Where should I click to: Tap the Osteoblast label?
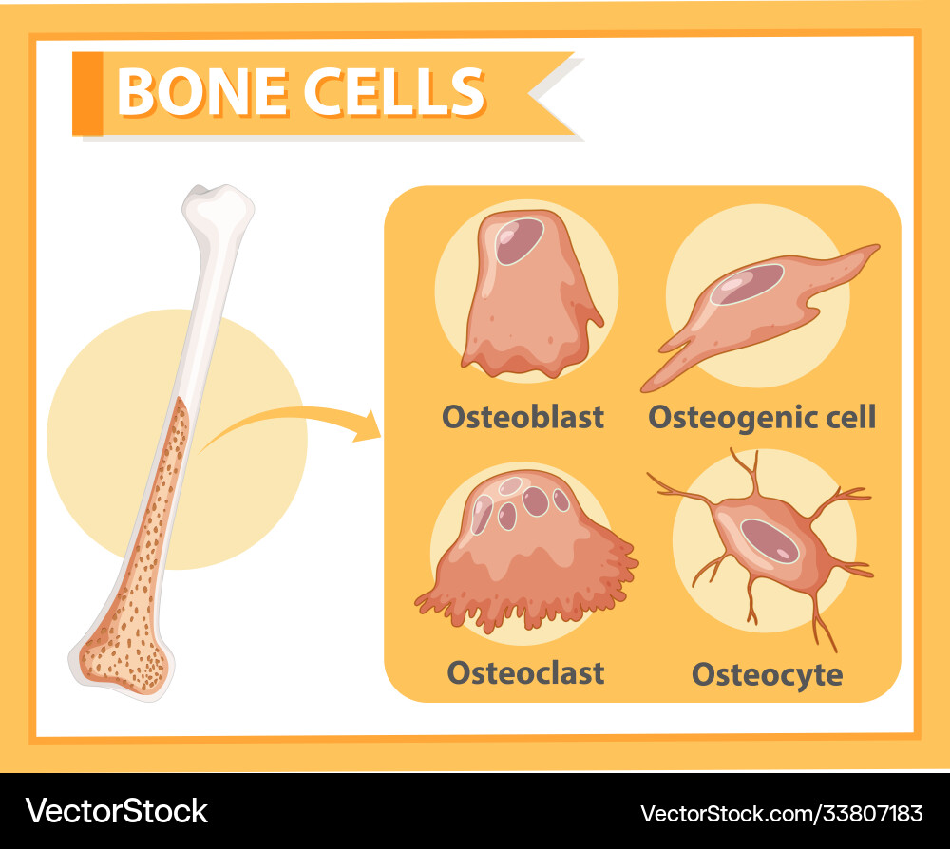[x=522, y=417]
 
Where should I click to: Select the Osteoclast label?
[x=525, y=672]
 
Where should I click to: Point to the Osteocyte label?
[x=767, y=674]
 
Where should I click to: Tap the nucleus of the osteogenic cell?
[x=748, y=284]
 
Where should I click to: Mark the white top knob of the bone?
[x=219, y=204]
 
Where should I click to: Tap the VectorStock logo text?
[x=116, y=811]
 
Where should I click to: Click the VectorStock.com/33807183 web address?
[x=781, y=813]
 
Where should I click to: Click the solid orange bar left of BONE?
[x=86, y=92]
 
